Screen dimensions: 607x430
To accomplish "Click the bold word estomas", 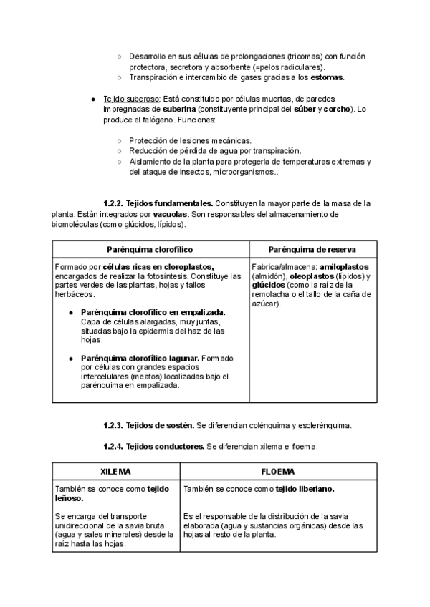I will [x=328, y=77].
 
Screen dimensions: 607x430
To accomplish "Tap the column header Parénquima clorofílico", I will [x=150, y=249].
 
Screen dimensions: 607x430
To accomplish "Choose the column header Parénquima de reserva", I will [x=312, y=249].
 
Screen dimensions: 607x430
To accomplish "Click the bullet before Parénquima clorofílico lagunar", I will [x=71, y=358].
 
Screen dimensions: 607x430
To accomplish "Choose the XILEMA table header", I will [x=115, y=472].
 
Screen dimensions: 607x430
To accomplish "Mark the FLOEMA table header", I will [x=279, y=472].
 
